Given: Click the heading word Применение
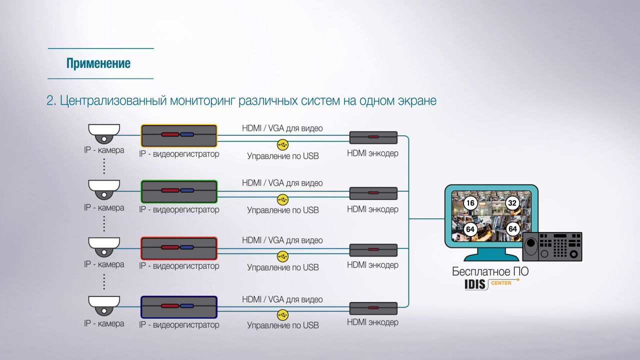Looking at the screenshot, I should coord(98,63).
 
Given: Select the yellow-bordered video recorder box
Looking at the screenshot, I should coord(179,135).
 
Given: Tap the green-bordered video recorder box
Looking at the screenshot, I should coord(179,191).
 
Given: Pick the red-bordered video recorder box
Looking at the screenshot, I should coord(179,248).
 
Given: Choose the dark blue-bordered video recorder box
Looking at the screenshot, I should coord(179,306).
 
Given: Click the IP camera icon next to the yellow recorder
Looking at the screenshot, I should coord(104,133).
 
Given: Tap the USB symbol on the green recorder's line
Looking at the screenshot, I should coord(282,199).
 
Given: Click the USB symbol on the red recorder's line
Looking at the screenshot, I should coord(282,256).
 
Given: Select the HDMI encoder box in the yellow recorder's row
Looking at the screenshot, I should coord(373,137).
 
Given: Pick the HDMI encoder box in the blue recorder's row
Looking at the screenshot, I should coord(373,308).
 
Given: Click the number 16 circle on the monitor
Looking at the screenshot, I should coord(470,203).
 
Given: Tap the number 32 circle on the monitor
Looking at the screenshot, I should coord(512,203).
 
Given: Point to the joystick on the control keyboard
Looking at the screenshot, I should coord(530,245).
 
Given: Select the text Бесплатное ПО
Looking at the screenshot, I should coord(490,272).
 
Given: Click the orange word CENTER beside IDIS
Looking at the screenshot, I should coord(500,283).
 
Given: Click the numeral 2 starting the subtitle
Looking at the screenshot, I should coord(50,100).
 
